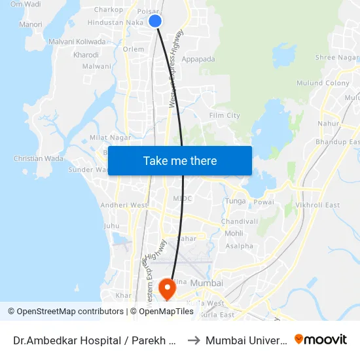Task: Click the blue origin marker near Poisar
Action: (x=155, y=21)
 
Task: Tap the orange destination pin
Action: (x=168, y=288)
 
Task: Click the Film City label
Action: (x=224, y=116)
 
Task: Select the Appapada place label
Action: (x=198, y=59)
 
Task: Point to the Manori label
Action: (x=31, y=25)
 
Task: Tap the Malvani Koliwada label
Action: (x=77, y=41)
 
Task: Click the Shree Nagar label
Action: (x=334, y=58)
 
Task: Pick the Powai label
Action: (x=264, y=202)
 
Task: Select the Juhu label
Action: (x=111, y=226)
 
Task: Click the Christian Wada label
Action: (x=38, y=159)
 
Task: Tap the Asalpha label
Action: (x=239, y=247)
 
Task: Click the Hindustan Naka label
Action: (x=115, y=22)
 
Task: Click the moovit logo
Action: (x=321, y=339)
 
